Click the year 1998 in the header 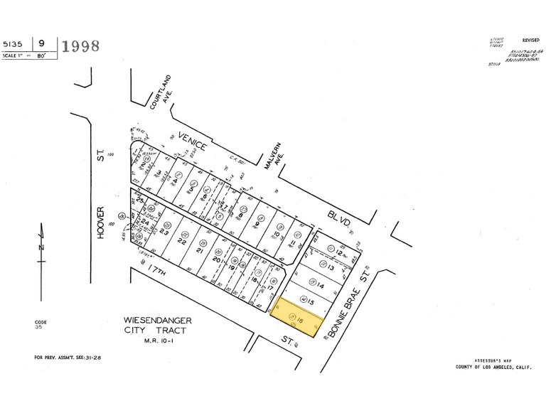point(81,47)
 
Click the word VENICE point(193,143)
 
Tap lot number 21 point(200,251)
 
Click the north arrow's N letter point(42,245)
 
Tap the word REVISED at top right point(530,41)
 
